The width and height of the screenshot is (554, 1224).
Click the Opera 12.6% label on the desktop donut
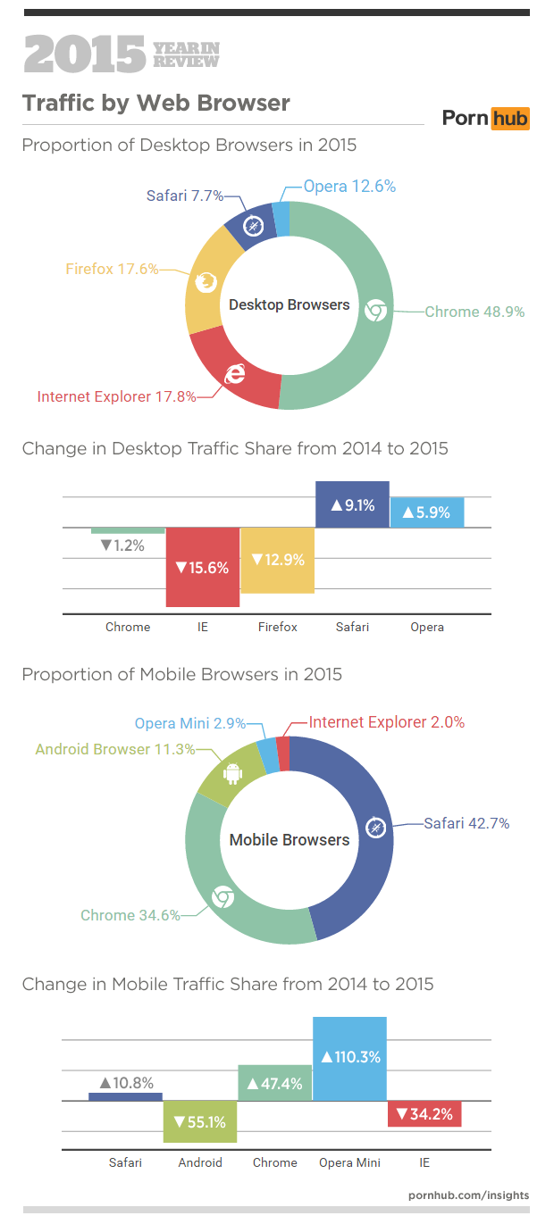point(349,187)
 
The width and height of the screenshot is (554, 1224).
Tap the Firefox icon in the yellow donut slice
point(206,283)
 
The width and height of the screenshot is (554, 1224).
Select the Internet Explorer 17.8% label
point(116,397)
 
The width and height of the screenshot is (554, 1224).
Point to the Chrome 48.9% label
point(474,312)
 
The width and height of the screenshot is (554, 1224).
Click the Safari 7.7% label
point(184,196)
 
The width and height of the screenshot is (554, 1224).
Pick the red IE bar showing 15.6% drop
point(202,567)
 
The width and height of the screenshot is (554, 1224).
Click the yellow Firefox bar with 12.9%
point(277,560)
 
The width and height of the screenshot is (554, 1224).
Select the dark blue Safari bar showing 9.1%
point(352,504)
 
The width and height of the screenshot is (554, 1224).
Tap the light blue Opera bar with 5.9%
point(426,512)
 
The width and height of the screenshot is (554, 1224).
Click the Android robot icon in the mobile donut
point(232,772)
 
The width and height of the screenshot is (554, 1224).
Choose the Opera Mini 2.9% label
point(189,723)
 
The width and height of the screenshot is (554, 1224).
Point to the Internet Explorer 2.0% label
point(386,722)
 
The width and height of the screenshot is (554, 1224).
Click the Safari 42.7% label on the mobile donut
point(466,823)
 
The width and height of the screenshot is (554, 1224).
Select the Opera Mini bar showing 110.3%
point(349,1058)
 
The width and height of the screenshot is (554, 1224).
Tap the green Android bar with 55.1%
point(200,1121)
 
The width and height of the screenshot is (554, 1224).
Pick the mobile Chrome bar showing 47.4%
point(274,1083)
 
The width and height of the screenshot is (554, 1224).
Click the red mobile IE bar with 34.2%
point(424,1113)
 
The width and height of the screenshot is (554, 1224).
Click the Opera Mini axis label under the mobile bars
point(349,1162)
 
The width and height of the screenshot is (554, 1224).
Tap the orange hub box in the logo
point(510,118)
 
